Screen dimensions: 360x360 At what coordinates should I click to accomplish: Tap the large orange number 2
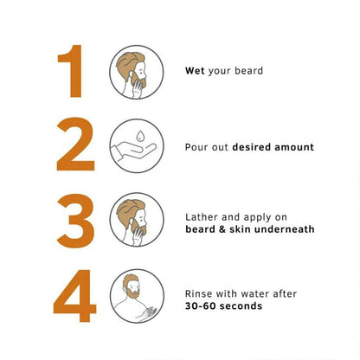coord(75,145)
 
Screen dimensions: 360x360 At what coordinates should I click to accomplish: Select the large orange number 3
coord(75,221)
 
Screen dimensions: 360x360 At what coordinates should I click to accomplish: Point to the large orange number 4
coord(74,296)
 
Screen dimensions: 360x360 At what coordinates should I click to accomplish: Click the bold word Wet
coord(195,71)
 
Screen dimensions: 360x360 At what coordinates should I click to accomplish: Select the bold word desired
coord(252,147)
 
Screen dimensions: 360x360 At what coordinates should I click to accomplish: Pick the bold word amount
coord(294,147)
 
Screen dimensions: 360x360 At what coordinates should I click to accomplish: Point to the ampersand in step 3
coord(222,229)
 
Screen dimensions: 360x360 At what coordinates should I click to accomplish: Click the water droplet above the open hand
coord(140,136)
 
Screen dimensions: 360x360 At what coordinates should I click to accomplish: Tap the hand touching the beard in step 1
coord(138,89)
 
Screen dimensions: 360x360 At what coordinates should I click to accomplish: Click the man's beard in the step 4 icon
coord(133,293)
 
